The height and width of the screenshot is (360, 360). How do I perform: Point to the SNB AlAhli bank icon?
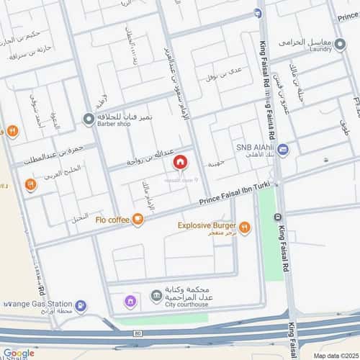(283, 150)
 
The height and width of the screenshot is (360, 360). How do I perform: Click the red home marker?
(179, 162)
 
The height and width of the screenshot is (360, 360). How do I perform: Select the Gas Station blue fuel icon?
(81, 306)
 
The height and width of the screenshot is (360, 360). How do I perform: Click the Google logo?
(18, 353)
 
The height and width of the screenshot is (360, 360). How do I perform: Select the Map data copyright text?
(336, 356)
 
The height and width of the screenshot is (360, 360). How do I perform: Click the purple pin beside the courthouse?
(130, 301)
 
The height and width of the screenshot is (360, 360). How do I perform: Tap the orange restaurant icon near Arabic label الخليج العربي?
(30, 185)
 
